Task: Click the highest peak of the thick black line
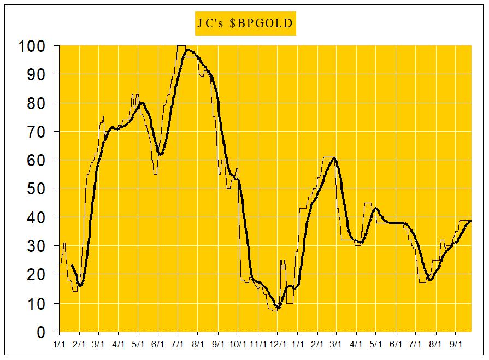[x=188, y=50]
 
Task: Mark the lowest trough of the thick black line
[x=278, y=308]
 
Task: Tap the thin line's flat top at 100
[x=181, y=46]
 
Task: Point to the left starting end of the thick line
[x=72, y=265]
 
